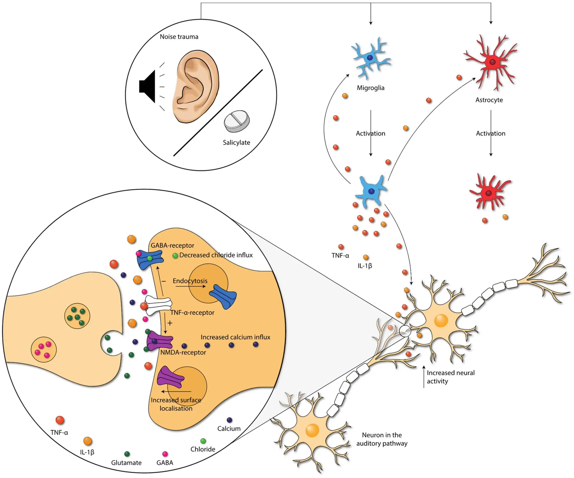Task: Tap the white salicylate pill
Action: tap(237, 121)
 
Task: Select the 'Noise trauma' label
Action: tap(179, 37)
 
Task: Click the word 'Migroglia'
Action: tap(370, 88)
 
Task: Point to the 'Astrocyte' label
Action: tap(489, 100)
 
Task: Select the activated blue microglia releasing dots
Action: tap(371, 191)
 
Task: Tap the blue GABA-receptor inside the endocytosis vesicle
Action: tap(223, 296)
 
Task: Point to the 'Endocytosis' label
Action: tap(190, 281)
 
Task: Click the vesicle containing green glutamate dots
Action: tap(77, 316)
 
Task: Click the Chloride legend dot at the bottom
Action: tap(203, 441)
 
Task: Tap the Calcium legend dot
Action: tap(229, 420)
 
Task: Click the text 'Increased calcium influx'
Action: tap(235, 337)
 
